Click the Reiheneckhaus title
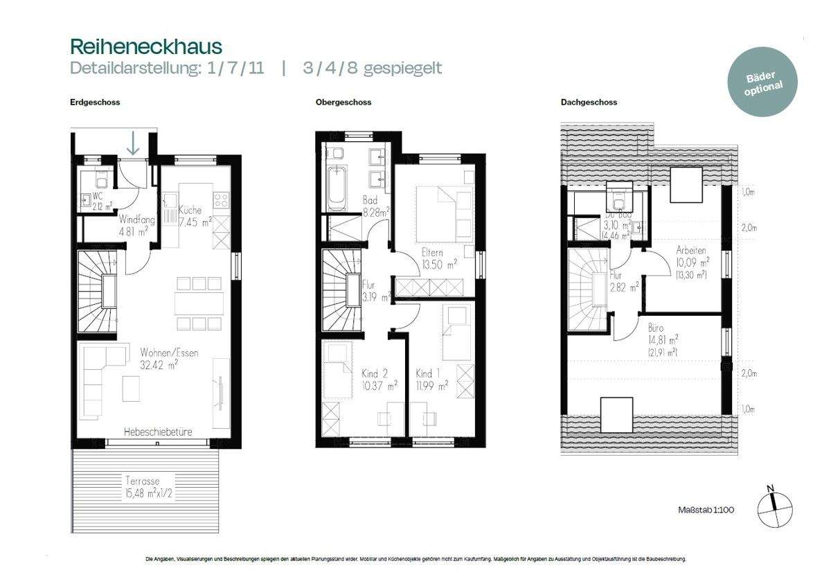[x=146, y=46]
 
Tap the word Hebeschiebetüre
[x=158, y=432]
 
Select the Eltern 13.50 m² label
[x=439, y=258]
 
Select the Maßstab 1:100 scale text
[x=706, y=510]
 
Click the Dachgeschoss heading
[x=589, y=102]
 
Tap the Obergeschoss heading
[x=343, y=102]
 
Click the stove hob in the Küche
[x=222, y=200]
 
